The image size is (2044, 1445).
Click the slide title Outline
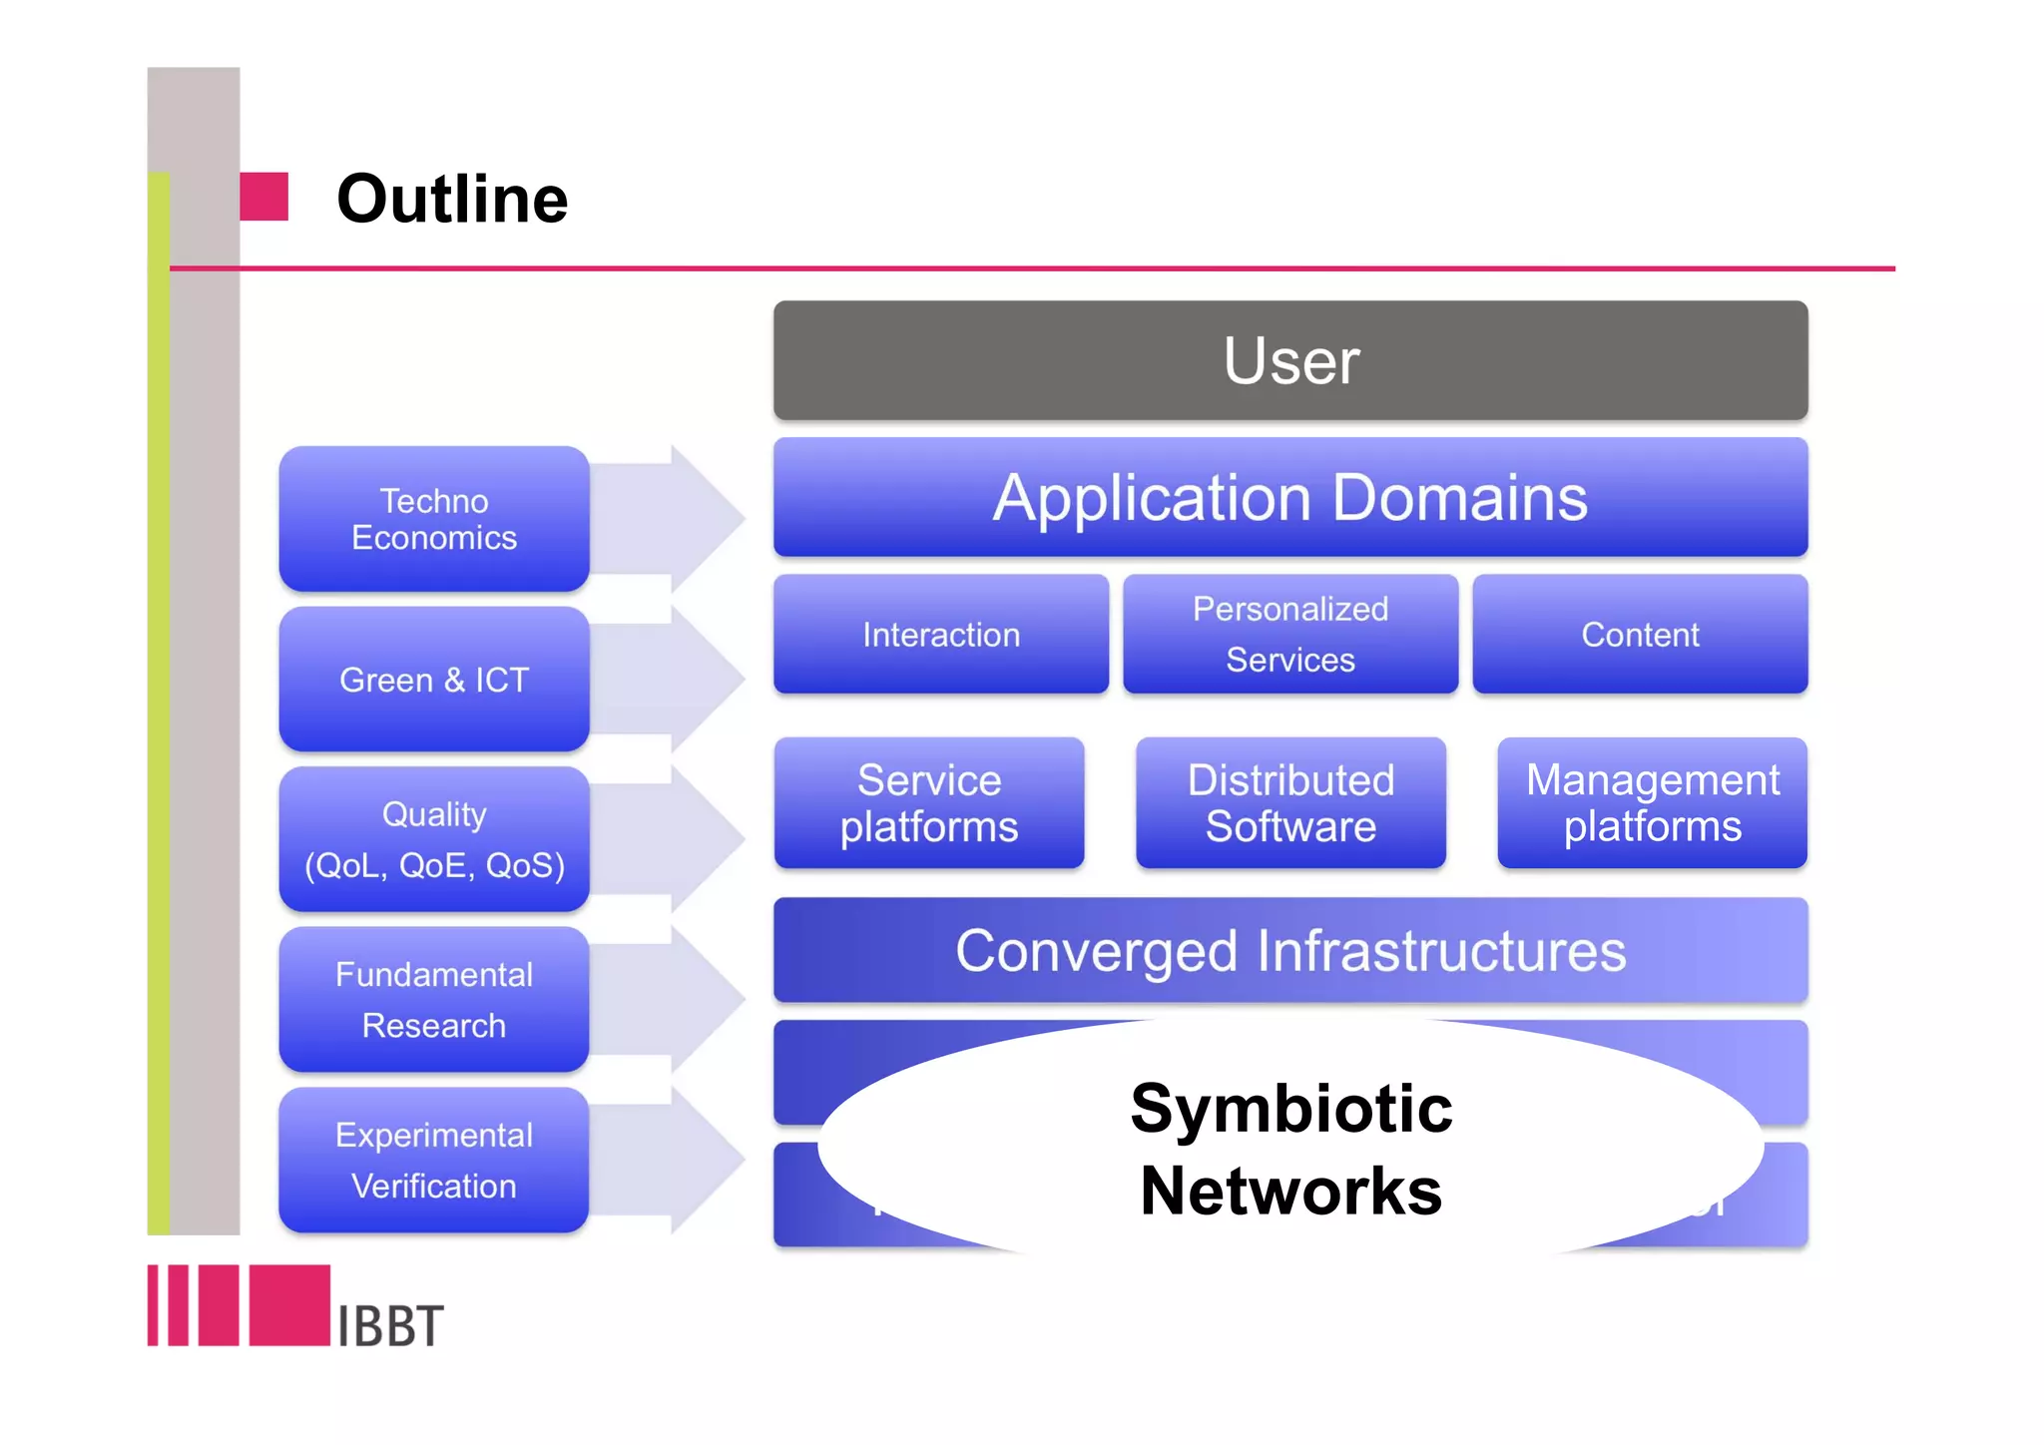[x=451, y=199]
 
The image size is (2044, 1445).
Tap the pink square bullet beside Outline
[x=264, y=197]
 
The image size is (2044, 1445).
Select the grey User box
[x=1289, y=360]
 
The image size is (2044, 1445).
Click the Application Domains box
[x=1289, y=497]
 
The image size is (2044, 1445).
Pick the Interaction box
[x=940, y=635]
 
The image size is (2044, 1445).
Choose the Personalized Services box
[x=1289, y=635]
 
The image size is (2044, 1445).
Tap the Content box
[x=1639, y=635]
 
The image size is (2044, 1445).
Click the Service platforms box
[x=928, y=803]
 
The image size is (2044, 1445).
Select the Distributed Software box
[x=1289, y=803]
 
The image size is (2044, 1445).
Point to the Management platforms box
[x=1652, y=803]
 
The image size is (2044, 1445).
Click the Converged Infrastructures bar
[x=1289, y=950]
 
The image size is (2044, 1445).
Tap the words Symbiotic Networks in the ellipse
[x=1289, y=1150]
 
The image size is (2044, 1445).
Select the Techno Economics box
[x=433, y=519]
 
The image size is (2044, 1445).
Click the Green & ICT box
[x=433, y=680]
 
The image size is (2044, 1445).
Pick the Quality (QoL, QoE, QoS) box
[x=433, y=839]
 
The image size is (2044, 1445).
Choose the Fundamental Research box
[x=433, y=1000]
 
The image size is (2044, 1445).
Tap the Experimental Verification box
[x=433, y=1161]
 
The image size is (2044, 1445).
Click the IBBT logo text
[x=389, y=1326]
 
